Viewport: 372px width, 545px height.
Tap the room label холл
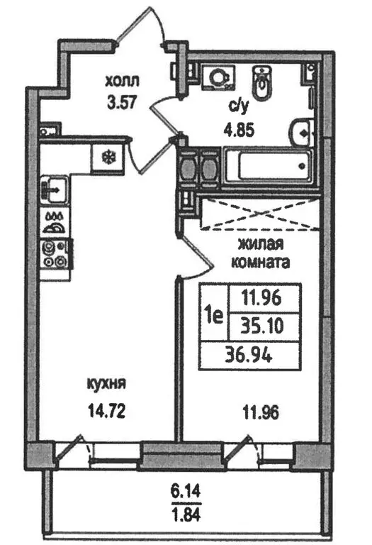122,82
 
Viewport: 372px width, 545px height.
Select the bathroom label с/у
239,108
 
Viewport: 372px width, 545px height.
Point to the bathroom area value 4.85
239,131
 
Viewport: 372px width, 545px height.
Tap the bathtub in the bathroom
268,166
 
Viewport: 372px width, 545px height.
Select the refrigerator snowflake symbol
108,158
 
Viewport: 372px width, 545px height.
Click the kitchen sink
54,189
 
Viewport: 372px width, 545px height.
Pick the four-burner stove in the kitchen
55,254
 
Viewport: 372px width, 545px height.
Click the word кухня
106,385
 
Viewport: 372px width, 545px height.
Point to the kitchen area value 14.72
106,412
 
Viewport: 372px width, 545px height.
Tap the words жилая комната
260,253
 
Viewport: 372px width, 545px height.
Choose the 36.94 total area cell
249,355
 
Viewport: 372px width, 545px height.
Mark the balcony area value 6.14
186,492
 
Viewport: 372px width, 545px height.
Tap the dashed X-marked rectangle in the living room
260,214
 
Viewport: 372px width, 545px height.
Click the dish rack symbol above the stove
54,223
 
